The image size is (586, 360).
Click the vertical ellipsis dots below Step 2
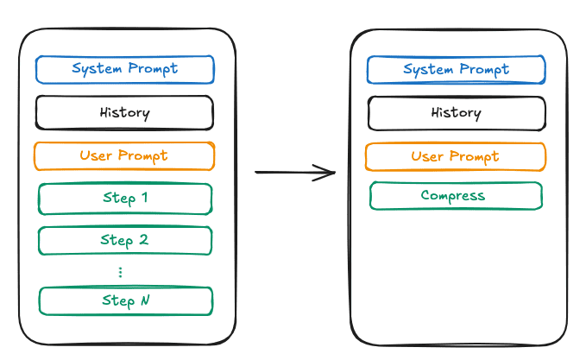click(120, 272)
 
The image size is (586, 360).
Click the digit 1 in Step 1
click(145, 197)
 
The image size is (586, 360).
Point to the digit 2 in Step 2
click(144, 239)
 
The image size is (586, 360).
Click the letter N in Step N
click(145, 300)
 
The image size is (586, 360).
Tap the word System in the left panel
click(97, 69)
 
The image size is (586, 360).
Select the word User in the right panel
click(427, 156)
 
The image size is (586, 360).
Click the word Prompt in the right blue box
click(484, 70)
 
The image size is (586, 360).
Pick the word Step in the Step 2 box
click(117, 241)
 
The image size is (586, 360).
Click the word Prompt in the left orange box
click(142, 156)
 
